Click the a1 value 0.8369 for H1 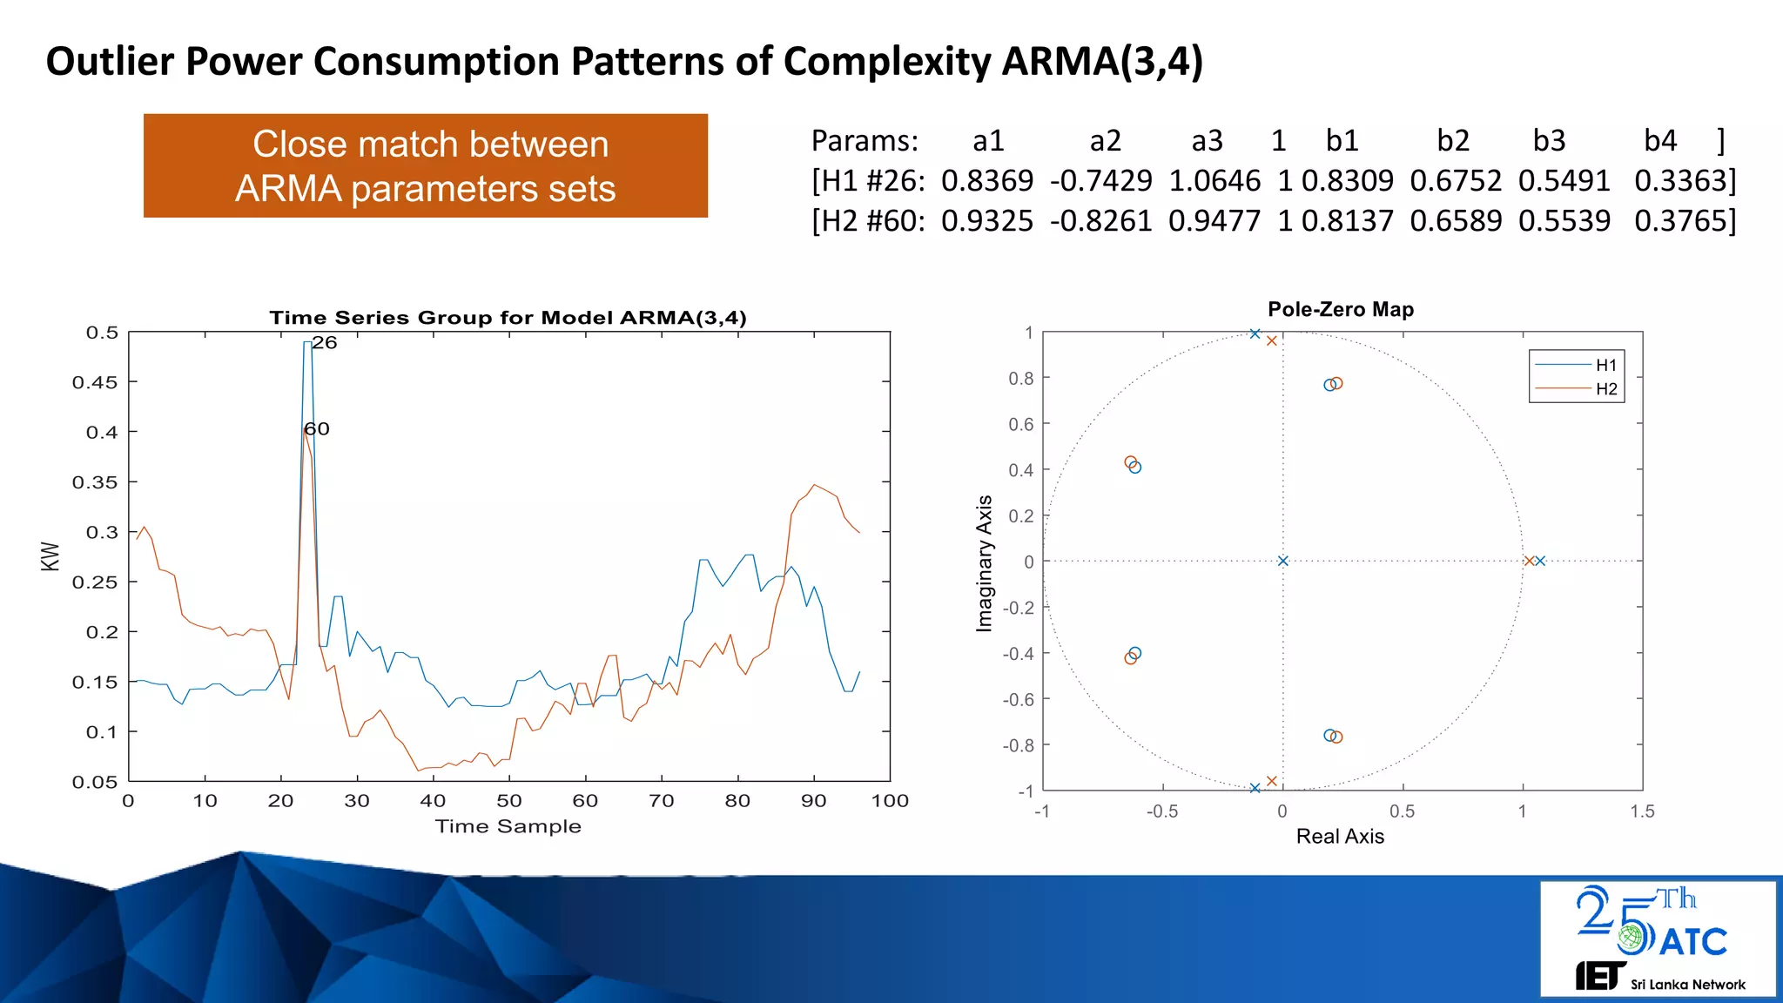(986, 180)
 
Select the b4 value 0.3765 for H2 (1680, 220)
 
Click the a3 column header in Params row (1207, 140)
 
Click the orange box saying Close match (425, 165)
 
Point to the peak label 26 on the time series (325, 343)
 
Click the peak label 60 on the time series (317, 429)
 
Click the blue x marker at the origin (1282, 561)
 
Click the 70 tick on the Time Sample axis (662, 801)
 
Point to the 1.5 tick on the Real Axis (1642, 811)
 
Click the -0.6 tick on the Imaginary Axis (1018, 699)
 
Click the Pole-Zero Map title (1340, 309)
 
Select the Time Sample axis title (508, 826)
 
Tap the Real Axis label (1339, 837)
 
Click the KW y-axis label (50, 556)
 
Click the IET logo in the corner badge (1599, 976)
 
